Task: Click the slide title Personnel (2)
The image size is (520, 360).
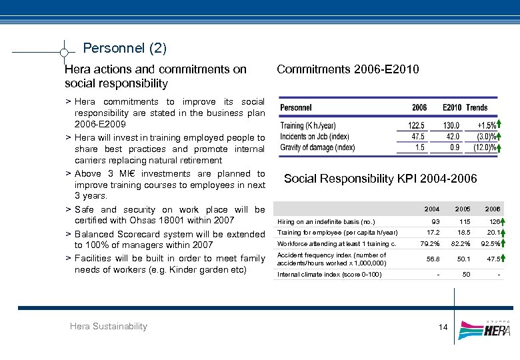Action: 125,48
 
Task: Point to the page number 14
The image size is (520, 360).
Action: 443,327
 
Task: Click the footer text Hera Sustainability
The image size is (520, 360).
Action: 108,326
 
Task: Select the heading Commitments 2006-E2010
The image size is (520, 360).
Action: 347,69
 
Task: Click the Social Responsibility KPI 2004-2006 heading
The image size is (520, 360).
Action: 380,178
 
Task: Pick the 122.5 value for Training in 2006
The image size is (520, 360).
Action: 417,125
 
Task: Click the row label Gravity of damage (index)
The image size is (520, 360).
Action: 317,147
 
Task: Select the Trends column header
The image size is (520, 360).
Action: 477,107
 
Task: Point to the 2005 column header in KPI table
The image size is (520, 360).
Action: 465,209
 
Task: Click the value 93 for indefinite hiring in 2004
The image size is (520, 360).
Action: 435,221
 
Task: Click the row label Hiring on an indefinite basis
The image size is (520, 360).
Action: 326,221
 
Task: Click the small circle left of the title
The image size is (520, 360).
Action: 63,52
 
